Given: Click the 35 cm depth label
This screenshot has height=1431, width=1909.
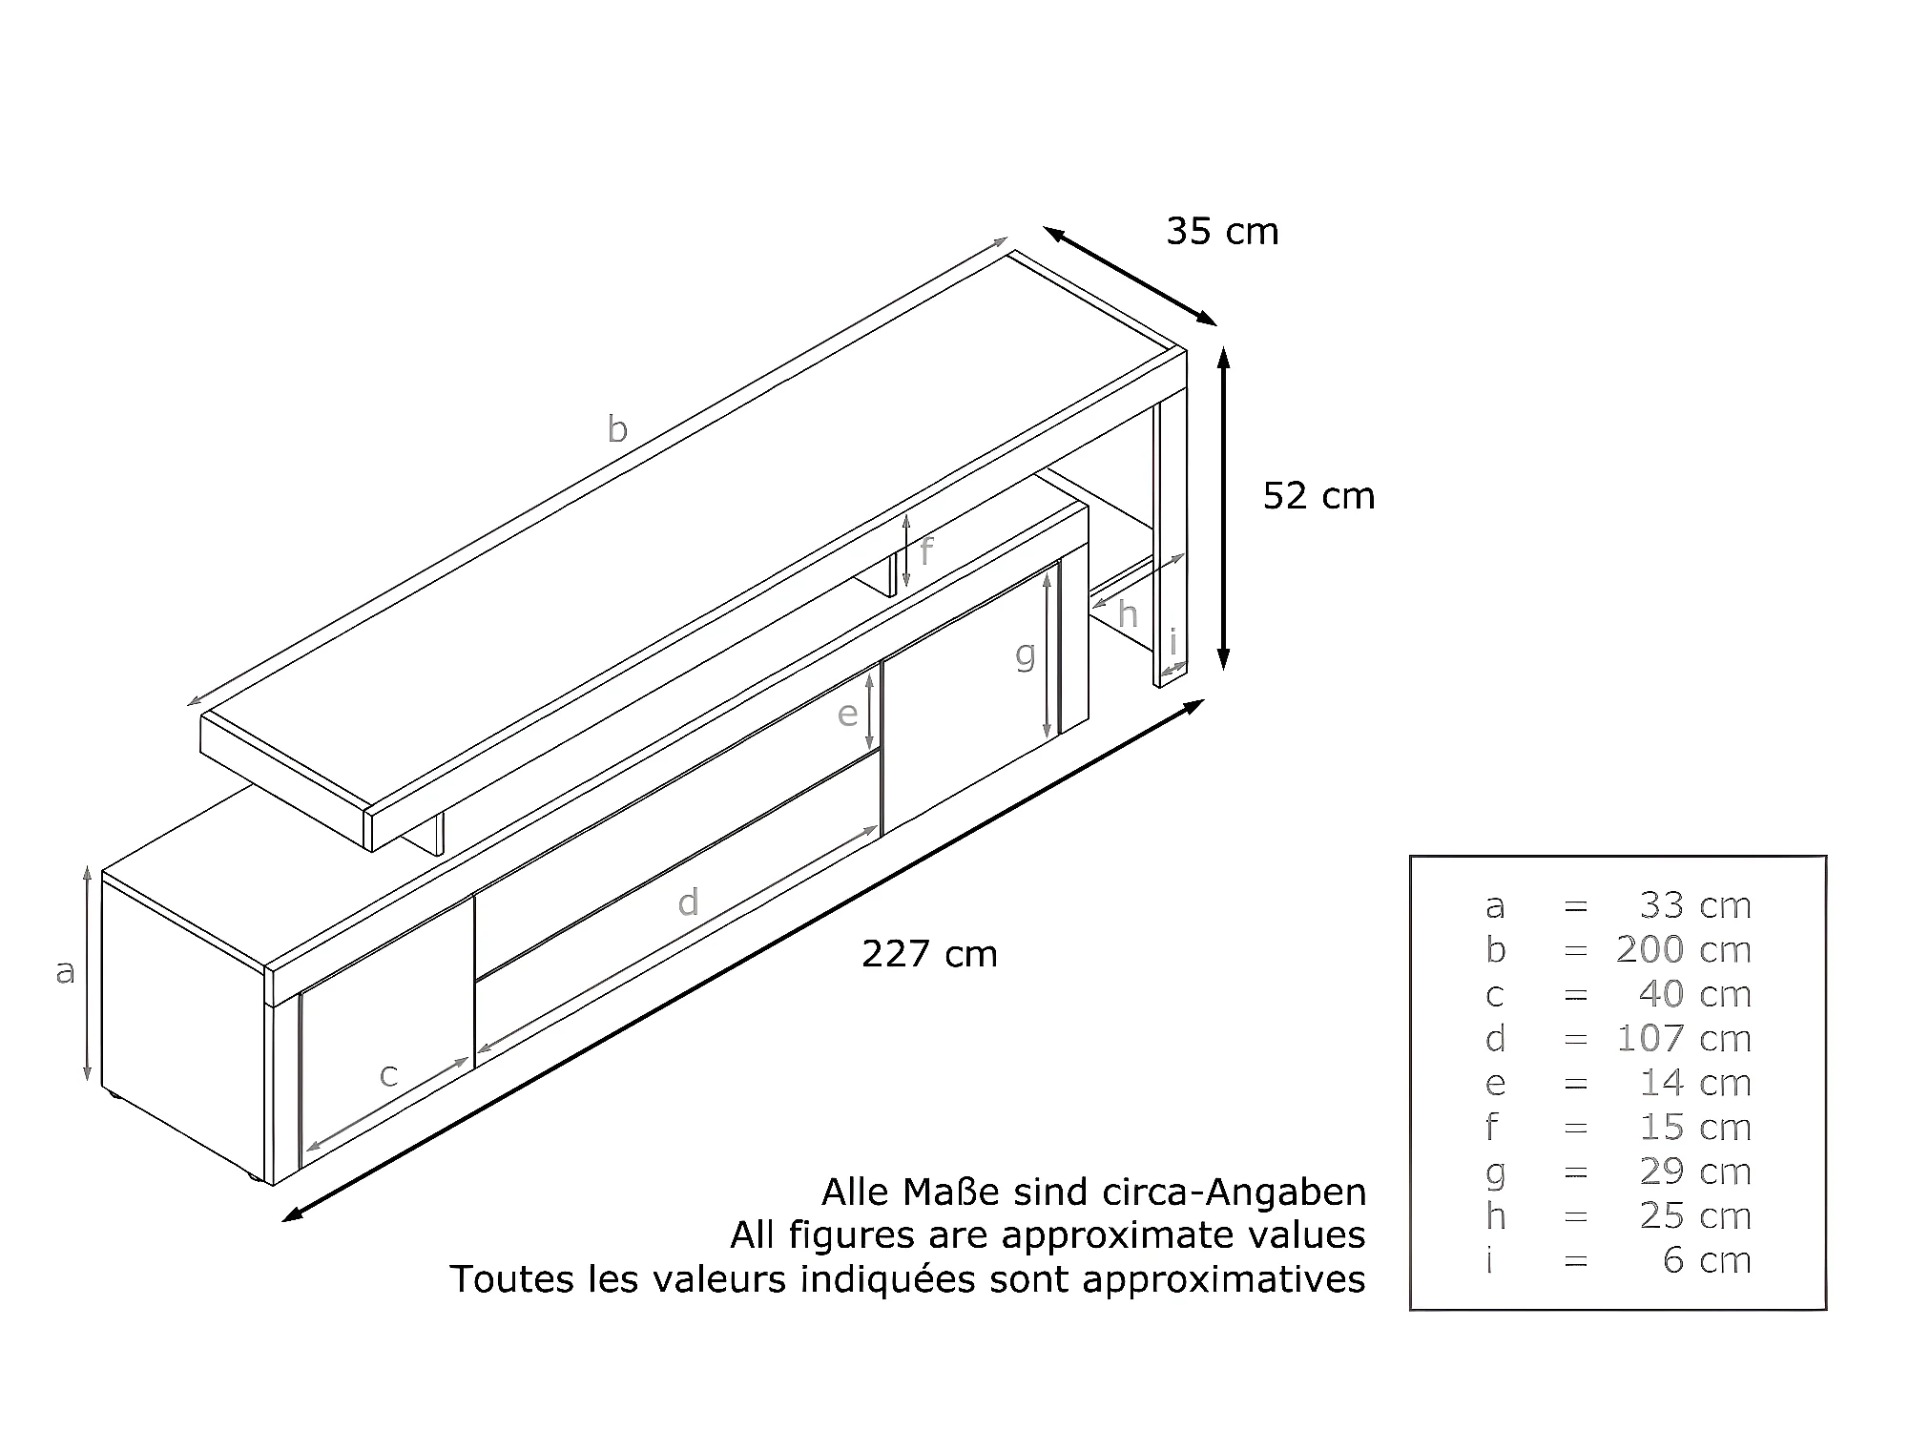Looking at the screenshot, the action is coord(1222,232).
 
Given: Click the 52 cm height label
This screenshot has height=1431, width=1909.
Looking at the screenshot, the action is coord(1318,496).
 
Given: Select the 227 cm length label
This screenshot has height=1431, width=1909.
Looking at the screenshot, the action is coord(929,954).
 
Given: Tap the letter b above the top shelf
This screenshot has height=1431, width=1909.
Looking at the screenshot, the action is coord(617,429).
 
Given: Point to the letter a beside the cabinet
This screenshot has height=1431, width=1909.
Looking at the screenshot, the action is coord(65,971).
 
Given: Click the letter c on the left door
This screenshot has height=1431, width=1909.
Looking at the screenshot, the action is coord(388,1075).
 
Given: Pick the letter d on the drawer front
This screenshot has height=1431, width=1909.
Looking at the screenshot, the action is coord(688,902).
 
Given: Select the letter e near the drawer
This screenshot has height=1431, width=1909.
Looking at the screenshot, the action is coord(847,714).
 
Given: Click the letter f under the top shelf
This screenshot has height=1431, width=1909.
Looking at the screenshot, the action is coord(926,551).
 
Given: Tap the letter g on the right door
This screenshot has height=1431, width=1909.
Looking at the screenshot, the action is coord(1025,655).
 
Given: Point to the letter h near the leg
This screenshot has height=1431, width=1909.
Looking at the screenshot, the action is coord(1128,614).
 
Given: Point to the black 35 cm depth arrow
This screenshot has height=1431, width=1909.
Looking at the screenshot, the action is coord(1130,276).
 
